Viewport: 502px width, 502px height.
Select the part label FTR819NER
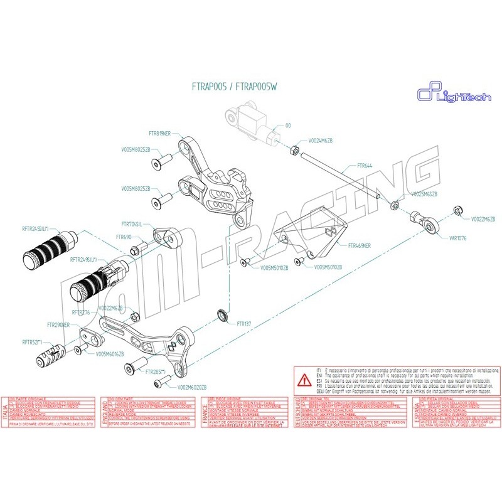tap(164, 134)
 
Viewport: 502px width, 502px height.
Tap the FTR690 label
tap(124, 238)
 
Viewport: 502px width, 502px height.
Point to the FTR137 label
tap(244, 324)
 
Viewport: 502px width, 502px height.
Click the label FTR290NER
tap(62, 326)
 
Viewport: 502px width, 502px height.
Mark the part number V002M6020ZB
tap(192, 387)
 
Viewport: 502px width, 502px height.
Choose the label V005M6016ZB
tap(110, 354)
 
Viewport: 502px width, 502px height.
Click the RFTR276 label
tap(81, 311)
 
